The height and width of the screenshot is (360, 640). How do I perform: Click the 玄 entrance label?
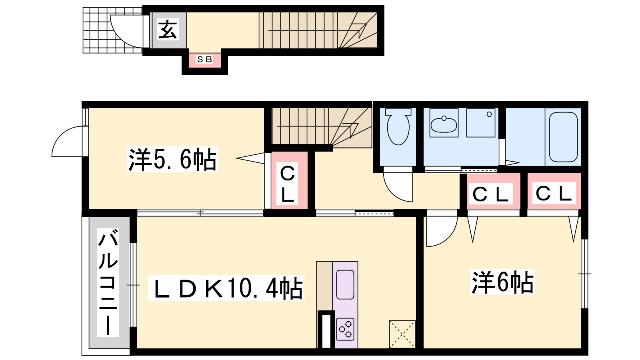point(168,30)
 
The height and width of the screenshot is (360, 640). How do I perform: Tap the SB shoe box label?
point(204,59)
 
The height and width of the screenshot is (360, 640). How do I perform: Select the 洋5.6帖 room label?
point(172,160)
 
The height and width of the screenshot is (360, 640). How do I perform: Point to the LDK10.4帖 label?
point(226,288)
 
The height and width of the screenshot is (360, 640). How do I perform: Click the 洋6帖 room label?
point(502,282)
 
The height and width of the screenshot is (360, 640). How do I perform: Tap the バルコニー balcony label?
point(108,282)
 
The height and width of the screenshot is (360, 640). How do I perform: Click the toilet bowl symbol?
point(398,126)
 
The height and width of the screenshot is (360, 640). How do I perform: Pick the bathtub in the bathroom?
point(563,137)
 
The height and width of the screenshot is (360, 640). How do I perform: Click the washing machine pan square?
point(481,123)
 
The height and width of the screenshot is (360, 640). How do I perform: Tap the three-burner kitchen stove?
point(345,330)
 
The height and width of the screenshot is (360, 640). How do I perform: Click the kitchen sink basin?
point(345,284)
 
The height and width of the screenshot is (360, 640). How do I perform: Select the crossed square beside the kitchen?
point(402,334)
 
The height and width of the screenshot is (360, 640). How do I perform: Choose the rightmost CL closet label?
point(554,194)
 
